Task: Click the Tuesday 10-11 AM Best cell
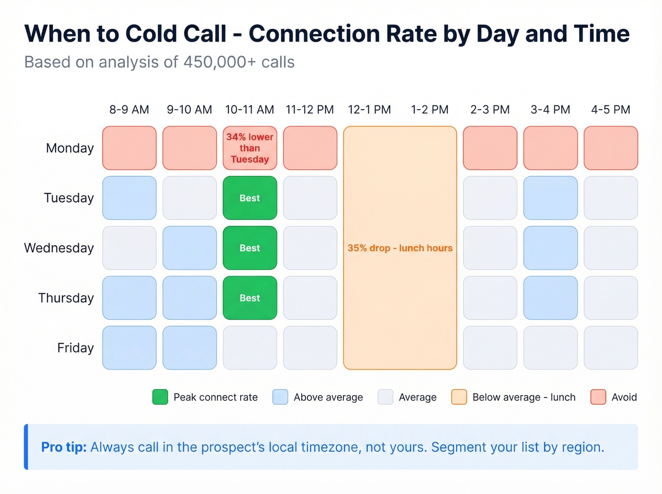point(250,198)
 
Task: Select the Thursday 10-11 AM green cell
point(250,298)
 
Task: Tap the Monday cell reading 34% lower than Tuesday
point(250,148)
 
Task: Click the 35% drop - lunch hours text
point(400,248)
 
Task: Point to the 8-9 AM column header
point(129,110)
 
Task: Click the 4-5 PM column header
point(610,110)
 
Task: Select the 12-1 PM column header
point(369,110)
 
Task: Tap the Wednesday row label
point(59,248)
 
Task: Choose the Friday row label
point(76,348)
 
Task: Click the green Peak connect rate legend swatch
point(160,397)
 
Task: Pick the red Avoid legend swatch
point(598,397)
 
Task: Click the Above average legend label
point(328,398)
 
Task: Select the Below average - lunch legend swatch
point(459,397)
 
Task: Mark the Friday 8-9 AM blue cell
point(129,348)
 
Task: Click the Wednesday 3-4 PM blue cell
point(550,248)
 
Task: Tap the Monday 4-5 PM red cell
point(610,148)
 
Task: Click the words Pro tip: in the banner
point(64,447)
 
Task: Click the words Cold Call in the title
point(176,34)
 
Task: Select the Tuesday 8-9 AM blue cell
point(129,198)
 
